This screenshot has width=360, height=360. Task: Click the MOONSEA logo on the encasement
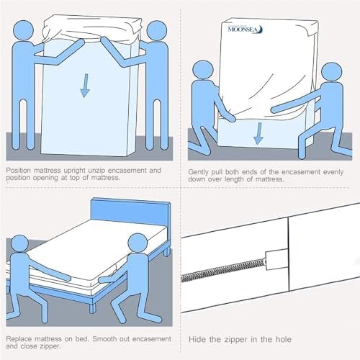click(246, 30)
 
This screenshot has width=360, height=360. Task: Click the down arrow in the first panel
click(85, 86)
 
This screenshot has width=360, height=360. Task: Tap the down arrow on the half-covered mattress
click(258, 133)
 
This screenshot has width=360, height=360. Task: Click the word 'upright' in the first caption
click(74, 171)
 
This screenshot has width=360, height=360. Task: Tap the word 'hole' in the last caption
click(284, 339)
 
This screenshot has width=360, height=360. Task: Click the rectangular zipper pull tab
click(276, 260)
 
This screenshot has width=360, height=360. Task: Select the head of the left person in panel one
click(23, 30)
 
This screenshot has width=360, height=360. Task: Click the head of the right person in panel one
click(157, 31)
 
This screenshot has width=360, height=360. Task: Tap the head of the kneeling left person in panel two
click(203, 71)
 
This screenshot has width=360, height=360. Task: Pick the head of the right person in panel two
click(332, 73)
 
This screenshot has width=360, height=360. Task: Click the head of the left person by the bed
click(19, 244)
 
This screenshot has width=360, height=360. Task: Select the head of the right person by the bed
click(138, 243)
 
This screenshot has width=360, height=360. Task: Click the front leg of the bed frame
click(92, 305)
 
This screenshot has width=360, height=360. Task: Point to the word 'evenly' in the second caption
click(333, 172)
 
